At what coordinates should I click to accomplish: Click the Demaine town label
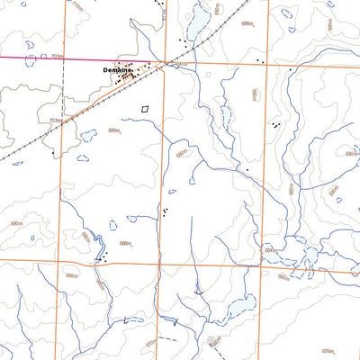(x=117, y=69)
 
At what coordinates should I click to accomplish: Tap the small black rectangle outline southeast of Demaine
(x=144, y=109)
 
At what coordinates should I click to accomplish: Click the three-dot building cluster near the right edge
(x=276, y=125)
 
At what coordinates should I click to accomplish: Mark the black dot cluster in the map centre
(x=166, y=211)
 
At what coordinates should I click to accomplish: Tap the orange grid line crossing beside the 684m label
(x=260, y=263)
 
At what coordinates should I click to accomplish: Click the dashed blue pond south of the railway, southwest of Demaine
(x=88, y=135)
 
